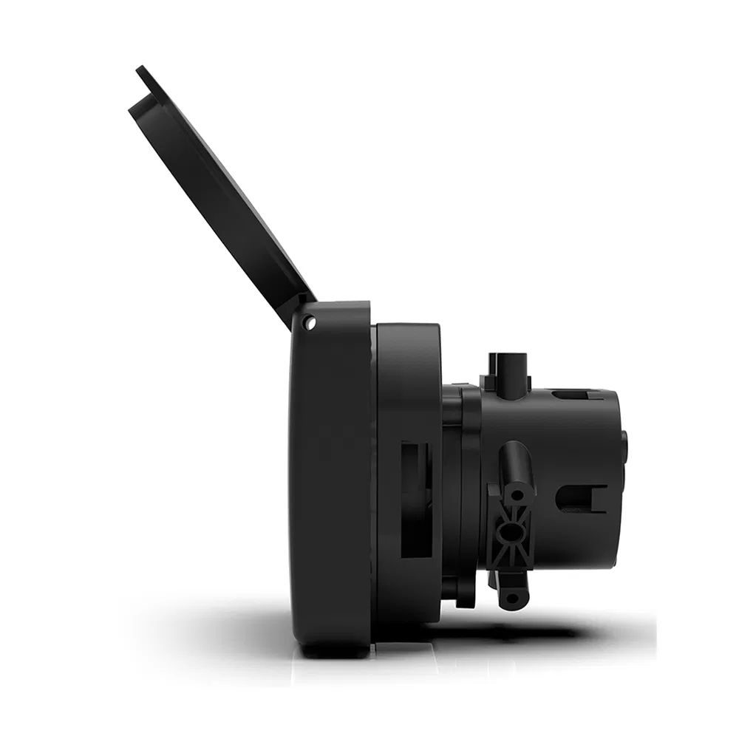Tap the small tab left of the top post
tap(486, 381)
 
